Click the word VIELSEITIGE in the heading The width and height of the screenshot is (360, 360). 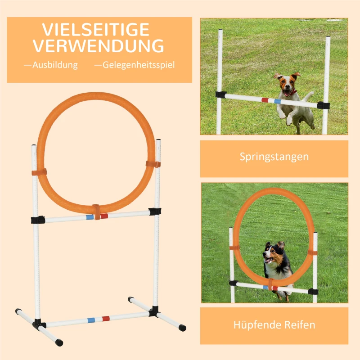(96, 30)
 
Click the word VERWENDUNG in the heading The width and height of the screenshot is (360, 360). (98, 46)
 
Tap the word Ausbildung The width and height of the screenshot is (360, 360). (51, 65)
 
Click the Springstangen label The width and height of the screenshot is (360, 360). (274, 157)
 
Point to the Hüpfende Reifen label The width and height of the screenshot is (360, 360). (274, 324)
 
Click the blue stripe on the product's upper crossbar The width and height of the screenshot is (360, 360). (90, 216)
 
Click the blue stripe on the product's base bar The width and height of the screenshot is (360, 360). (91, 320)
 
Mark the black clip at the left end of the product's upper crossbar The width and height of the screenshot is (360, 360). (38, 220)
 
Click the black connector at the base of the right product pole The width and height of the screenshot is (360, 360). (155, 311)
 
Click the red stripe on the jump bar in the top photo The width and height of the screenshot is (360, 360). (265, 100)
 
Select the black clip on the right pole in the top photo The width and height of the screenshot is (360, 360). (324, 105)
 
